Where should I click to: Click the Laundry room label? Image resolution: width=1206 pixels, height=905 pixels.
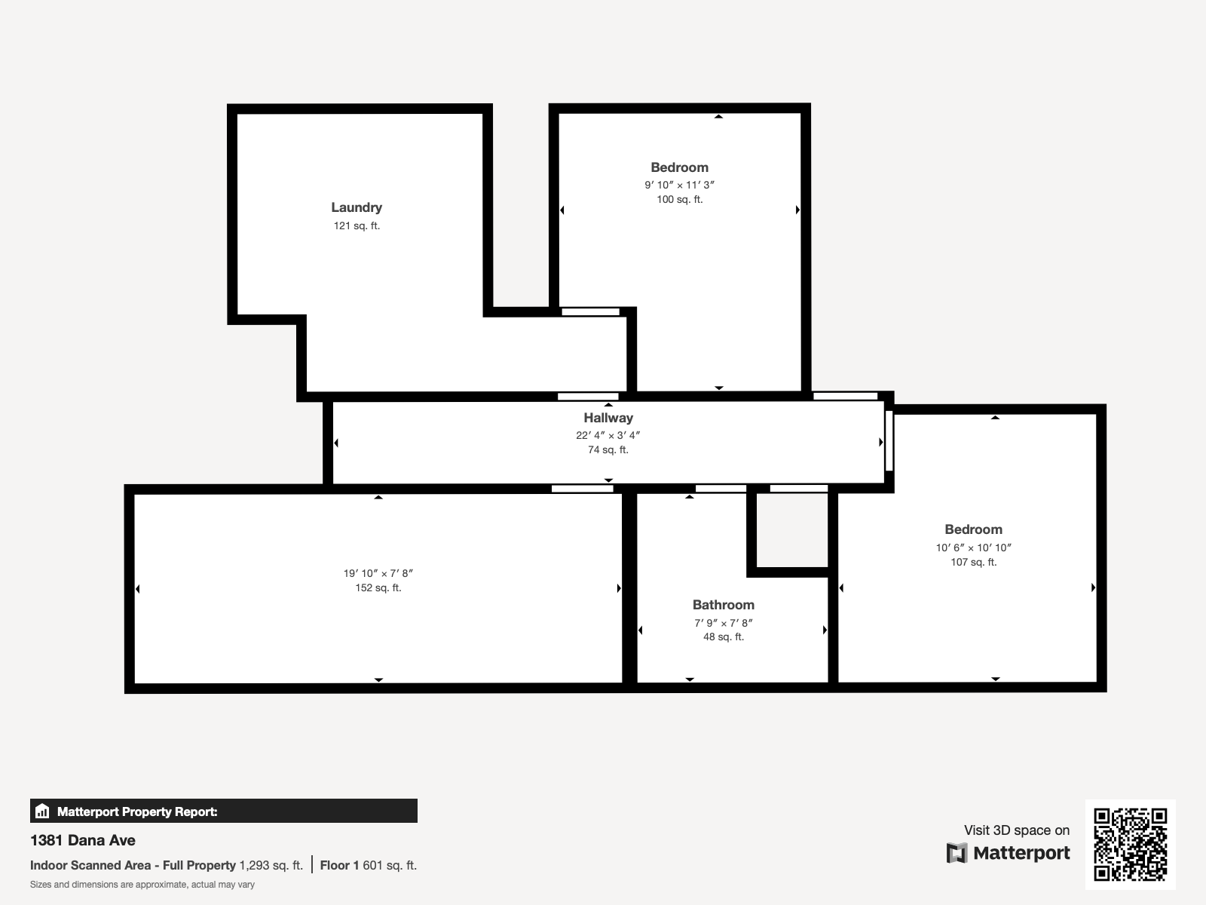357,207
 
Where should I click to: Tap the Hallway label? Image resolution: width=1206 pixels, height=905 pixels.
608,418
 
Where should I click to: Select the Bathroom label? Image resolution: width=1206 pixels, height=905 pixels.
723,605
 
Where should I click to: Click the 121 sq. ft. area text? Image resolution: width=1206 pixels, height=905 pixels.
357,225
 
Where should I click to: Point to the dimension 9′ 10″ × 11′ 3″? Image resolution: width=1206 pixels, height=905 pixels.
680,186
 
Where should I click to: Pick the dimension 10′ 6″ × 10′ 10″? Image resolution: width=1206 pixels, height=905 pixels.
974,548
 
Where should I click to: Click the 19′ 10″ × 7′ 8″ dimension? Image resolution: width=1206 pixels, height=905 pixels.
378,574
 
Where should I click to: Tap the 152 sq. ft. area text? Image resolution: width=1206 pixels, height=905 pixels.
378,588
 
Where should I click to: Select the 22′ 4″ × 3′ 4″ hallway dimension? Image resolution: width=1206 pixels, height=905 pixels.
608,436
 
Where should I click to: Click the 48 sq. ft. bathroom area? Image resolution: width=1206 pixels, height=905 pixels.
724,637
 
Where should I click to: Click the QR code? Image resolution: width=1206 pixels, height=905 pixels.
1130,845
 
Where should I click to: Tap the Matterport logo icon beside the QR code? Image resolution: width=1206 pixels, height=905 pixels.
957,853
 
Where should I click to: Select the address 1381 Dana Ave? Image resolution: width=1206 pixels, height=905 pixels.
82,840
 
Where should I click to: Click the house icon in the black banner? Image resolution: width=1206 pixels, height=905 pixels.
42,811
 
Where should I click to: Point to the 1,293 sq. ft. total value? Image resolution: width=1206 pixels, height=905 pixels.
271,866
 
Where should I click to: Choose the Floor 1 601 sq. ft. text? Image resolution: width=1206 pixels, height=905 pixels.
368,866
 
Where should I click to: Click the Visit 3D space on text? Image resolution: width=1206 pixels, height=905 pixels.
1017,830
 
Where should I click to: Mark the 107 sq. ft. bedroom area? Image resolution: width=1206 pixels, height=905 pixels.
974,562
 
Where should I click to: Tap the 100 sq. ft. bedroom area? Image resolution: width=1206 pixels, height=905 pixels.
680,199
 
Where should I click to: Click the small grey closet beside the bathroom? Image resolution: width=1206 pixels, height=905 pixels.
792,529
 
